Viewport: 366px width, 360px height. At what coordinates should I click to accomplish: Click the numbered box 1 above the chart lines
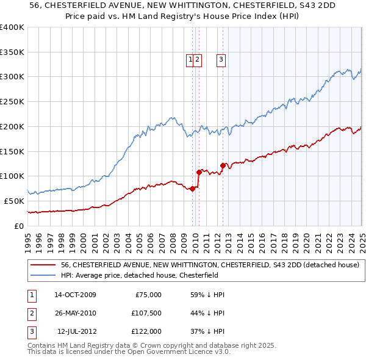[x=190, y=59]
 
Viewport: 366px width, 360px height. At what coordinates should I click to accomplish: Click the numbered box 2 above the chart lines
[x=199, y=59]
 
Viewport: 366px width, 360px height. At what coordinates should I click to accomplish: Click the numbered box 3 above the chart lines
[x=220, y=59]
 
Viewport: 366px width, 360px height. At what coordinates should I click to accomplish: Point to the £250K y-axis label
[x=12, y=102]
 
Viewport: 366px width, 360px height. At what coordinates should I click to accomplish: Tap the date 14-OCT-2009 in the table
[x=75, y=295]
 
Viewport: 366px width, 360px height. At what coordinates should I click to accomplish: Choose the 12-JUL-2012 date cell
[x=75, y=331]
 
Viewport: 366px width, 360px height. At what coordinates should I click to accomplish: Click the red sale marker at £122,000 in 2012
[x=223, y=165]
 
